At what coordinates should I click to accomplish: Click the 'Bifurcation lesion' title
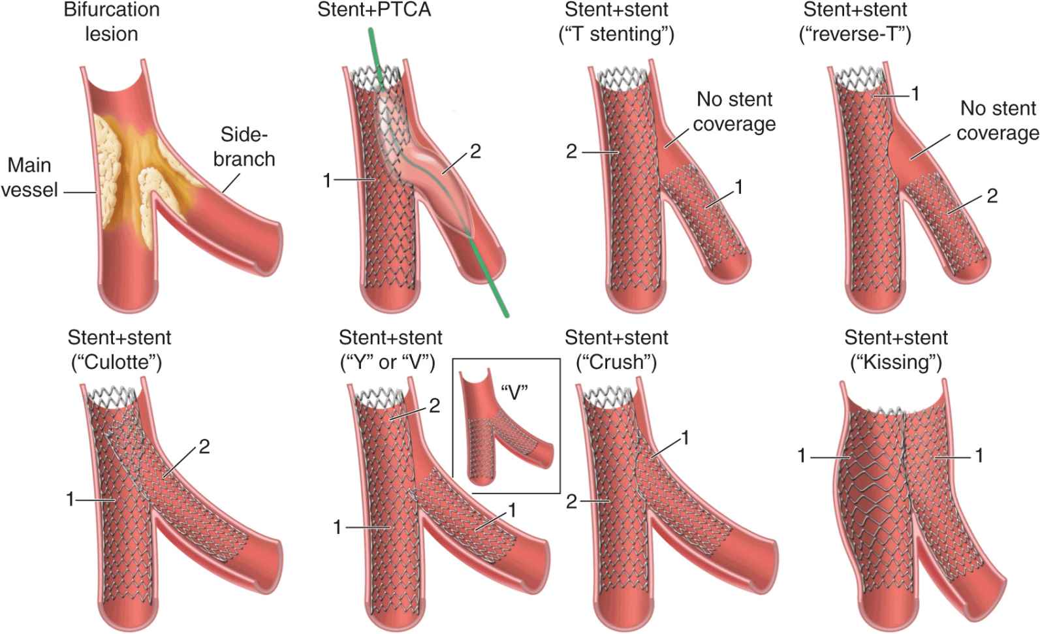(112, 22)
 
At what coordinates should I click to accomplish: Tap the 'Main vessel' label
(29, 177)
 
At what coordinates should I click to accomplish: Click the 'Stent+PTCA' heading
(374, 10)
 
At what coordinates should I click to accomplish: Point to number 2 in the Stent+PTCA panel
(475, 151)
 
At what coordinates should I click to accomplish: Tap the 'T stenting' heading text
(617, 34)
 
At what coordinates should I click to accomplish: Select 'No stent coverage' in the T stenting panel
(734, 111)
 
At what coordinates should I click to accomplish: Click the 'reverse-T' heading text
(855, 34)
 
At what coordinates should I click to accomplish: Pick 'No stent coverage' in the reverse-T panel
(997, 120)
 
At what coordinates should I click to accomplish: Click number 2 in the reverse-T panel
(992, 195)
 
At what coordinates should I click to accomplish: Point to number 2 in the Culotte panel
(204, 447)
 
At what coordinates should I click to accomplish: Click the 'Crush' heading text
(616, 362)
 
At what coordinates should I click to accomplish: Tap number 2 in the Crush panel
(571, 502)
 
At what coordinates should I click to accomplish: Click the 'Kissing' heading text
(896, 362)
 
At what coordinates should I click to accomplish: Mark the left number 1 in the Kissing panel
(802, 456)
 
